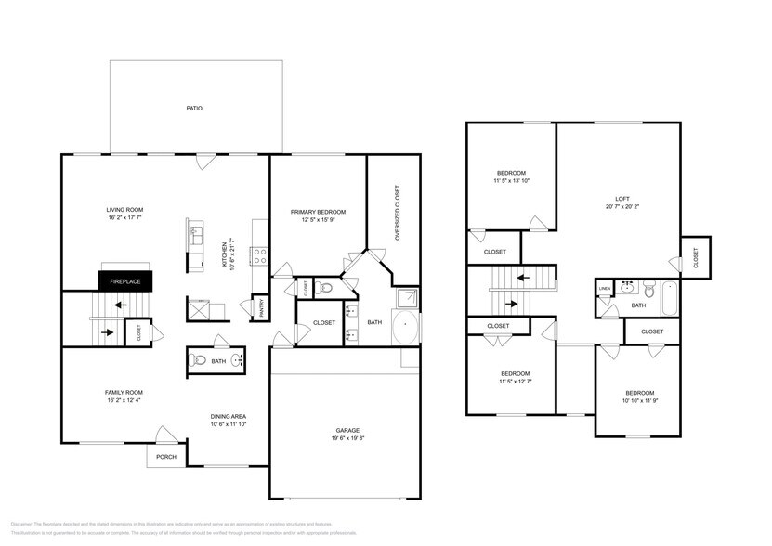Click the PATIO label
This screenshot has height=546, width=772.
pos(194,109)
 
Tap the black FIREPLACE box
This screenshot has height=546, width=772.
pos(125,281)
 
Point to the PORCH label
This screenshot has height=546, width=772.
pos(166,456)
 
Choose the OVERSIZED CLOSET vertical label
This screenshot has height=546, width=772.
pos(397,213)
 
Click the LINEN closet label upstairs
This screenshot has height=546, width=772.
pos(605,289)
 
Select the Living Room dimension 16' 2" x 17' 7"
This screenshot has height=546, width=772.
pos(124,219)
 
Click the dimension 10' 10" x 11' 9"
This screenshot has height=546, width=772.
pos(639,401)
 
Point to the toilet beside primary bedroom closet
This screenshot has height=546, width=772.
pos(325,288)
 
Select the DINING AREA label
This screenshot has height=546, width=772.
pos(227,417)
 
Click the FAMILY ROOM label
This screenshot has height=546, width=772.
pos(123,392)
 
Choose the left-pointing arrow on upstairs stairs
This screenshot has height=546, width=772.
pos(523,276)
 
